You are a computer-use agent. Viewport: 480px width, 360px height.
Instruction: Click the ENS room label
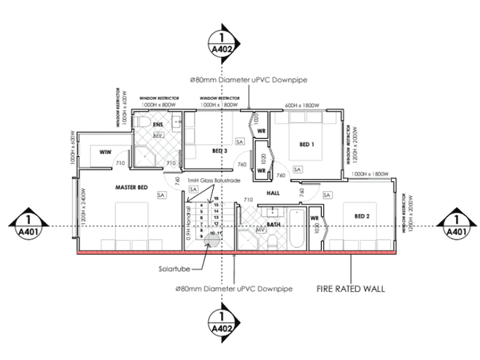158,124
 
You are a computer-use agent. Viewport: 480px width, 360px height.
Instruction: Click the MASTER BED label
132,188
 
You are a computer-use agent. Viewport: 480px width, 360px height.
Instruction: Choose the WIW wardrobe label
96,151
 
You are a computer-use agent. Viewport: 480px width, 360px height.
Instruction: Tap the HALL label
274,193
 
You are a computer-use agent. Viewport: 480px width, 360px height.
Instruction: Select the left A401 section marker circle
28,226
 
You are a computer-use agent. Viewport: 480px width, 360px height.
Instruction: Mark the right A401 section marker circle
455,226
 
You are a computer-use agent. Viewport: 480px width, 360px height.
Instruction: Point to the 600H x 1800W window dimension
303,105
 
